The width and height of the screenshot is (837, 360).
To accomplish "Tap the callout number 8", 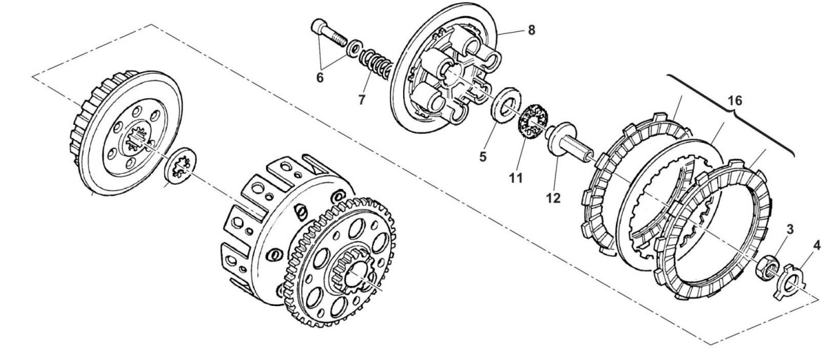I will [531, 29].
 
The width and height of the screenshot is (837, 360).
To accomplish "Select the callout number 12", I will [554, 198].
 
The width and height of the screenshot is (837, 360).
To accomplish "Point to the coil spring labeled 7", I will [375, 67].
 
